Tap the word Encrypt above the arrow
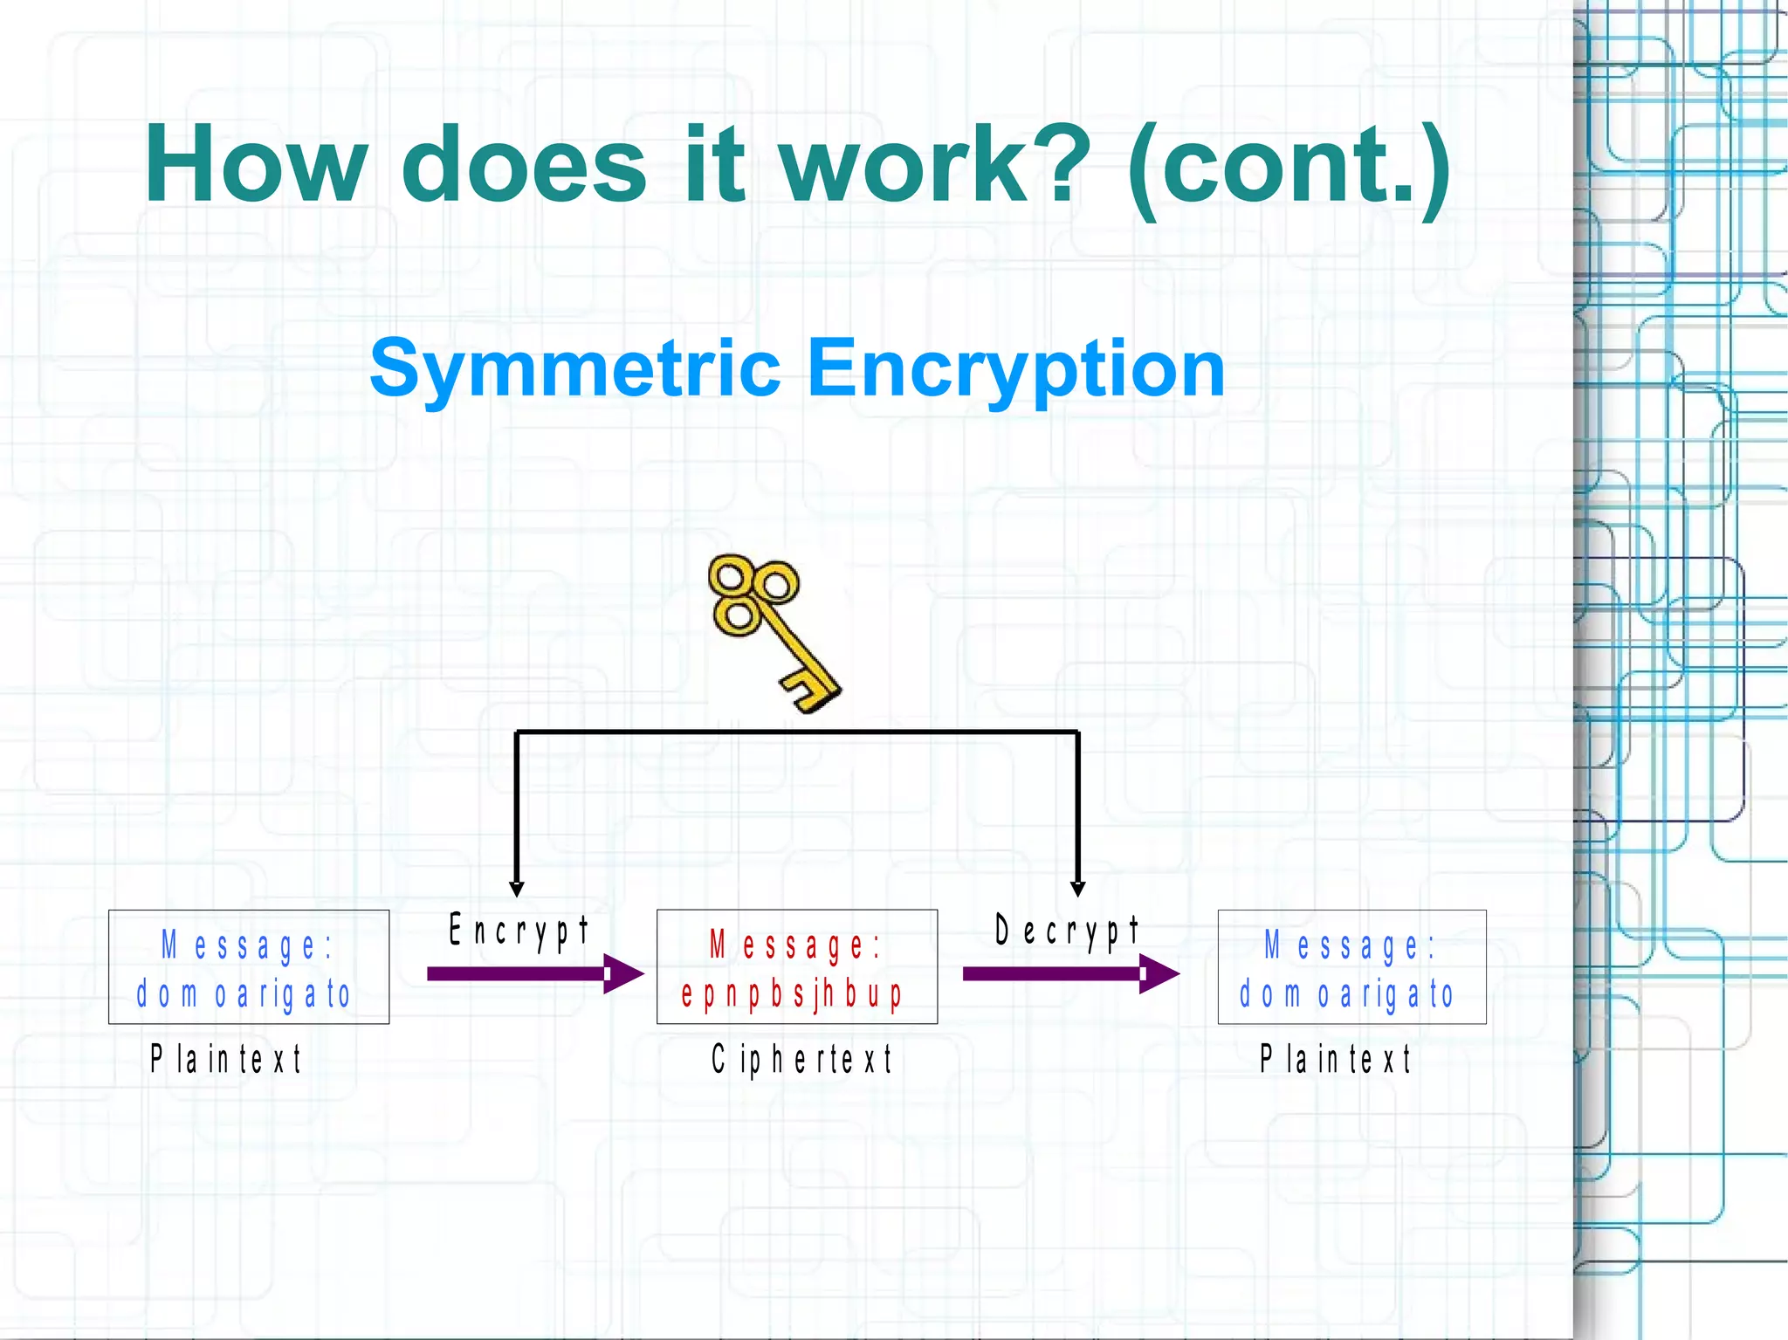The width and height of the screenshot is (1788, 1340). coord(519,931)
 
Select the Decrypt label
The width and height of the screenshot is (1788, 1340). coord(1067,931)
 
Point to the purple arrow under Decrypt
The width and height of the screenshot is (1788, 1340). coord(1070,973)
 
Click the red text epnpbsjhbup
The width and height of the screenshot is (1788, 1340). coord(792,994)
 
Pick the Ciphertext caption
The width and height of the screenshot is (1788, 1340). coord(801,1059)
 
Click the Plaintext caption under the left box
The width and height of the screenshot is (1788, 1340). coord(226,1059)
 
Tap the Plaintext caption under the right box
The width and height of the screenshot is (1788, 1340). coord(1335,1059)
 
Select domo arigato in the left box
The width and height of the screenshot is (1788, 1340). coord(244,994)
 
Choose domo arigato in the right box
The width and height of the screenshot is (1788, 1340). coord(1346,994)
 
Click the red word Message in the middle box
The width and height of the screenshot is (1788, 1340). coord(794,945)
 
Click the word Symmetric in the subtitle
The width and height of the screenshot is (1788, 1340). coord(574,369)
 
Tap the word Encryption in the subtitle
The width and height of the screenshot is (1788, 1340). coord(1016,369)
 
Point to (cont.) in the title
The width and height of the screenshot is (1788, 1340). coord(1289,166)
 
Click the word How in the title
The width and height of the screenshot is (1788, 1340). coord(255,164)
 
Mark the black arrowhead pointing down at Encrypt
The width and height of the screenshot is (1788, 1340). coord(517,889)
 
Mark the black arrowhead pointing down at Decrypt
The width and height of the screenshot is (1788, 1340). coord(1078,889)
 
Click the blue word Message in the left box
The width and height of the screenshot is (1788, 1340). coord(247,945)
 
